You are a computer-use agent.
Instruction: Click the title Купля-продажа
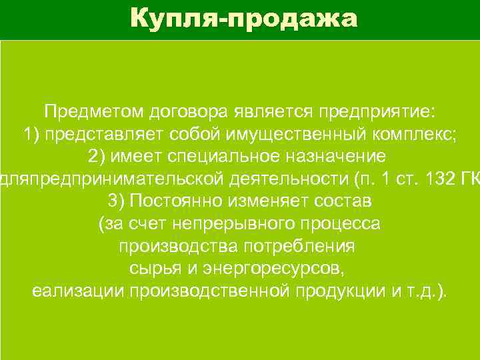[244, 18]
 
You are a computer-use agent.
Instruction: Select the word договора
[195, 110]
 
